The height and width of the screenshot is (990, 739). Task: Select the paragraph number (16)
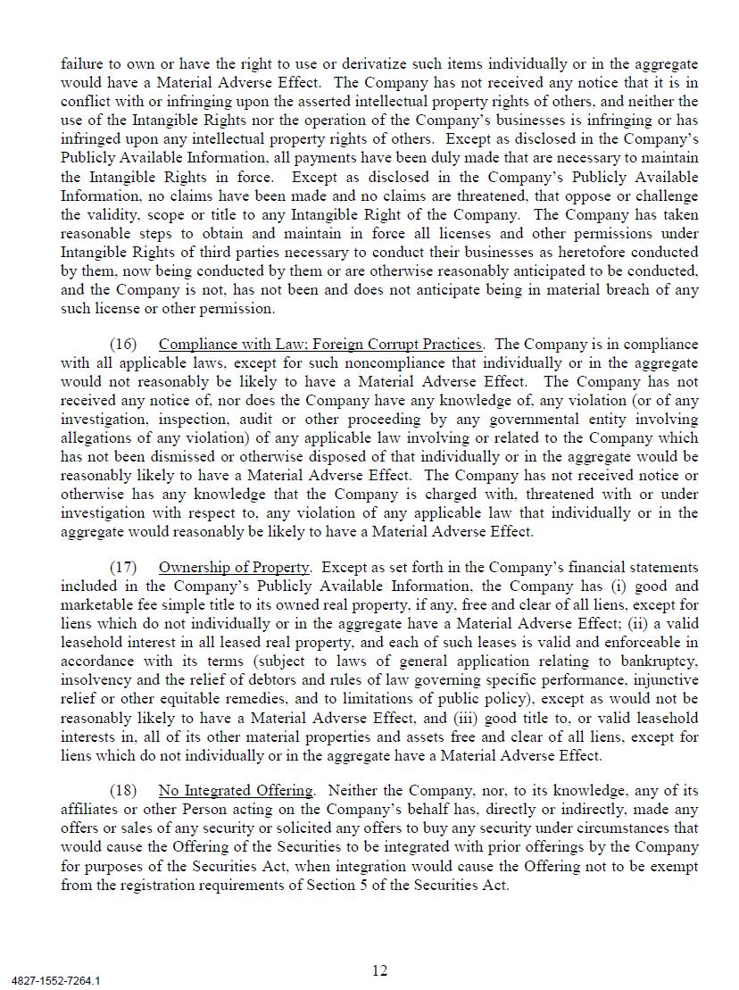click(124, 345)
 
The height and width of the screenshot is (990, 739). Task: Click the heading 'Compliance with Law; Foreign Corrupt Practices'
click(320, 345)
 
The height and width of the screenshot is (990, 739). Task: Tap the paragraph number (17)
click(124, 568)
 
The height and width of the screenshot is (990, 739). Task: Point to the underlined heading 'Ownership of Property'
click(235, 568)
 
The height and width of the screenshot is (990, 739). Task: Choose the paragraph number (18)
click(124, 791)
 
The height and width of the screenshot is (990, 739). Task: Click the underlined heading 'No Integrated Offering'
click(236, 791)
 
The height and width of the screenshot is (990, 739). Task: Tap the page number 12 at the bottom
click(380, 971)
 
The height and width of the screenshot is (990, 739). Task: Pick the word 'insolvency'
click(93, 680)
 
